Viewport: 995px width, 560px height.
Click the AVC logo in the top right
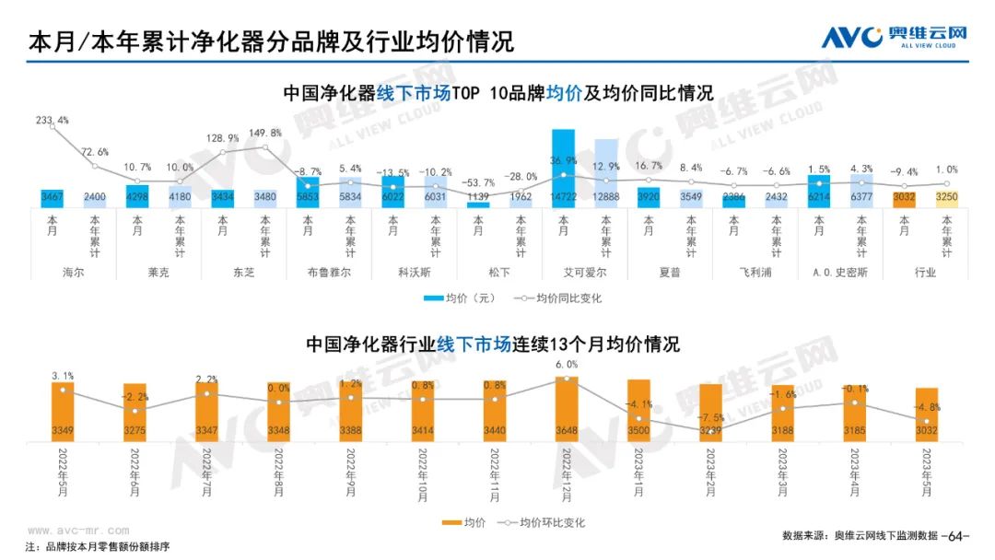point(893,37)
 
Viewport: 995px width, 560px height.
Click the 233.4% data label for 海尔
point(52,121)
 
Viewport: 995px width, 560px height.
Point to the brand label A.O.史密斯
point(839,273)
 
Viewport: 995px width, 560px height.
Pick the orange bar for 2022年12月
point(567,409)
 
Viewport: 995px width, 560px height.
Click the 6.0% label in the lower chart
point(567,365)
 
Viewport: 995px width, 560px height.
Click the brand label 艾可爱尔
point(584,273)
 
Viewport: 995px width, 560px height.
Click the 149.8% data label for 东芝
point(265,133)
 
